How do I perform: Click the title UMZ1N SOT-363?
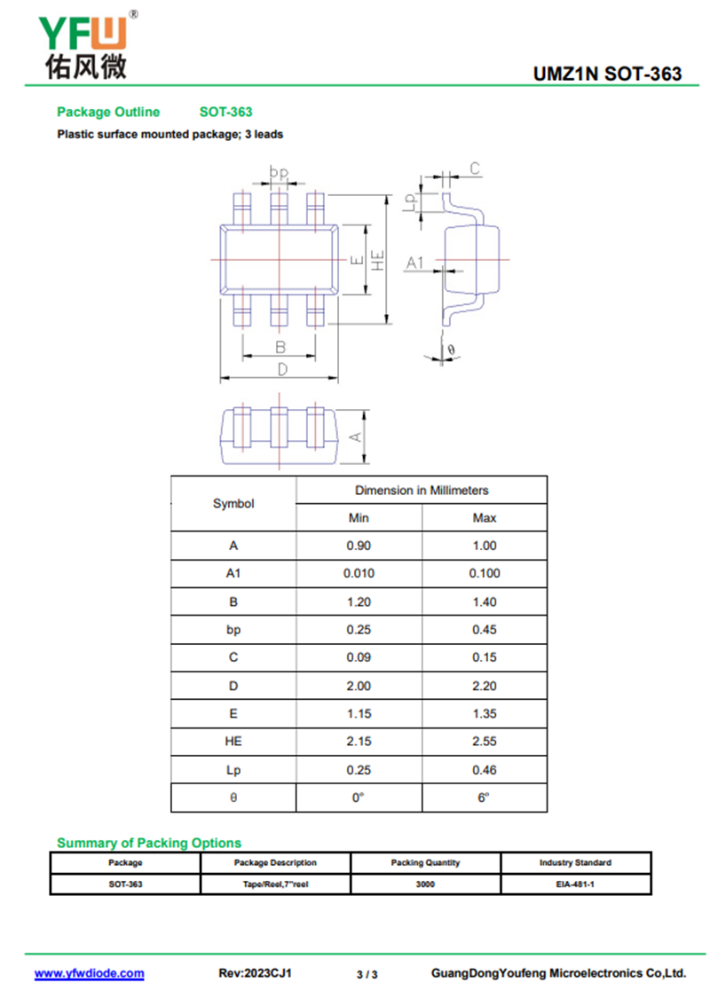pyautogui.click(x=607, y=74)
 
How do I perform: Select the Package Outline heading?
pyautogui.click(x=108, y=112)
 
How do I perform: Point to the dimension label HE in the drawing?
pyautogui.click(x=378, y=260)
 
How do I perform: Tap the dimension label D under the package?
pyautogui.click(x=281, y=369)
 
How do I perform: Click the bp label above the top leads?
pyautogui.click(x=280, y=173)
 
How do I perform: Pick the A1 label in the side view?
pyautogui.click(x=414, y=263)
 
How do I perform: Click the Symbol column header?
pyautogui.click(x=233, y=504)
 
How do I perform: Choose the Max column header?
pyautogui.click(x=485, y=518)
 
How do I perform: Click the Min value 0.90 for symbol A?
pyautogui.click(x=359, y=546)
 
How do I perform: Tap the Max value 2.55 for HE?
pyautogui.click(x=485, y=742)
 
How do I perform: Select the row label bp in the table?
pyautogui.click(x=233, y=630)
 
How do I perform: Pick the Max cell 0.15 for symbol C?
pyautogui.click(x=485, y=657)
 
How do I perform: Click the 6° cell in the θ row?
pyautogui.click(x=485, y=798)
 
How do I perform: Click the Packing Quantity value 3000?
pyautogui.click(x=425, y=884)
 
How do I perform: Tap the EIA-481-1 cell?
pyautogui.click(x=575, y=884)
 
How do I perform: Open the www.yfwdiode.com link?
pyautogui.click(x=89, y=973)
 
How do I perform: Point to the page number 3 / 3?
pyautogui.click(x=367, y=974)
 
